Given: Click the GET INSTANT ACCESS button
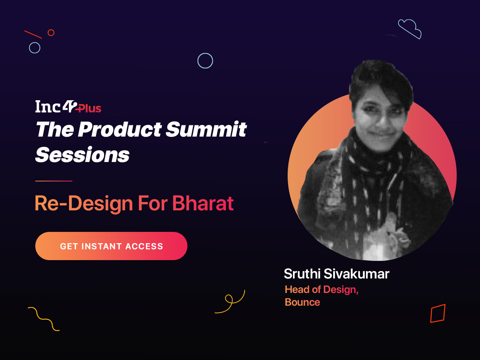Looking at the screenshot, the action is tap(111, 246).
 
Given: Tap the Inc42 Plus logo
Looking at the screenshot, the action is tap(68, 107).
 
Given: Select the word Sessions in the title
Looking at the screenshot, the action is tap(83, 155).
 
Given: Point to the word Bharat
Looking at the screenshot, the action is tap(203, 203).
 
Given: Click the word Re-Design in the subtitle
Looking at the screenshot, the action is tap(84, 204).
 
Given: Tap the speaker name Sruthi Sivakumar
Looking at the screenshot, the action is tap(337, 274).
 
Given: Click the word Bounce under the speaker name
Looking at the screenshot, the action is tap(302, 302).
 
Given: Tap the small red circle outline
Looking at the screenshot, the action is tap(51, 32).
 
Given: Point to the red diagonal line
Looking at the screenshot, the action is tap(33, 34).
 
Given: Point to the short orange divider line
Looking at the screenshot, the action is tap(54, 181).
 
